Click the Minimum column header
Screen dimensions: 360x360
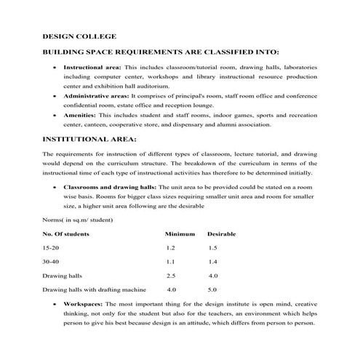tap(180, 233)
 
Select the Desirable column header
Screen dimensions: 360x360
tap(223, 233)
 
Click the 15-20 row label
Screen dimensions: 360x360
tap(52, 248)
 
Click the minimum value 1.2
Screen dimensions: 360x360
tap(171, 248)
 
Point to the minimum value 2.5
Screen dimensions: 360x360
tap(171, 276)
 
